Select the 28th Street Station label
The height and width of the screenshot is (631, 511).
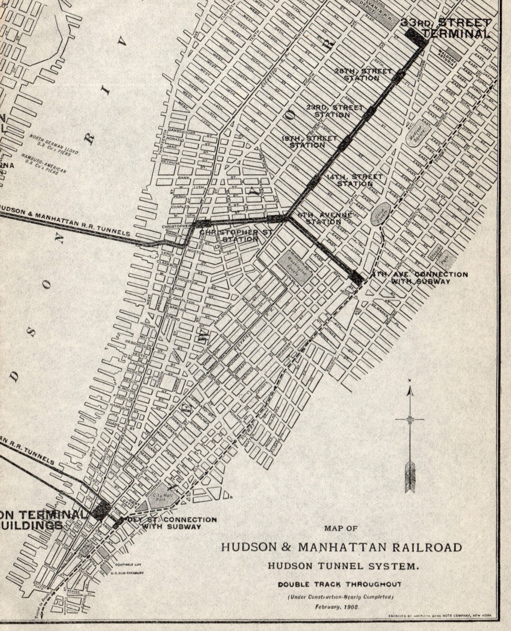point(363,74)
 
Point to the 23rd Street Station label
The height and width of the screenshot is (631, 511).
point(334,111)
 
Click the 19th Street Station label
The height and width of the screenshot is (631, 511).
point(309,142)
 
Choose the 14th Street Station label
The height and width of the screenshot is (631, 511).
point(354,180)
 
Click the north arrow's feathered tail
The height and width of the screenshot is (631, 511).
point(410,476)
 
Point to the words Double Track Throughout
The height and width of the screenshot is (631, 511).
point(339,584)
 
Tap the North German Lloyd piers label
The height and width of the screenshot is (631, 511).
point(54,144)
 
